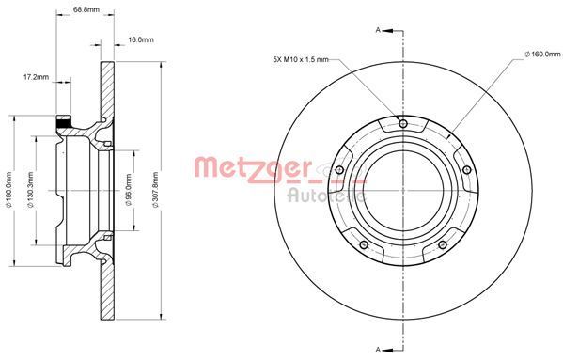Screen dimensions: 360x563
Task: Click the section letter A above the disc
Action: coord(379,31)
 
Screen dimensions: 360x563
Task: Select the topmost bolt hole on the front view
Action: coord(403,123)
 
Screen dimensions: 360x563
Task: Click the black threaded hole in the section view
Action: coord(64,122)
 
